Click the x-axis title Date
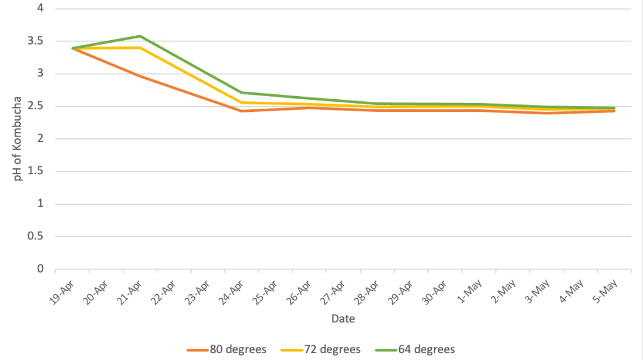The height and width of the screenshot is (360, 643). point(343,319)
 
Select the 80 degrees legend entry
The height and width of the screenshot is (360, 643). point(222,349)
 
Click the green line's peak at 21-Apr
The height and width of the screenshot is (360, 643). point(140,36)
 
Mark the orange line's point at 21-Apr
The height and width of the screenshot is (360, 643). point(140,76)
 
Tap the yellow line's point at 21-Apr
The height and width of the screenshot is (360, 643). point(140,47)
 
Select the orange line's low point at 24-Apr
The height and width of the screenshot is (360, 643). point(241,111)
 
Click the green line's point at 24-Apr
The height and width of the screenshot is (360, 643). point(241,92)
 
